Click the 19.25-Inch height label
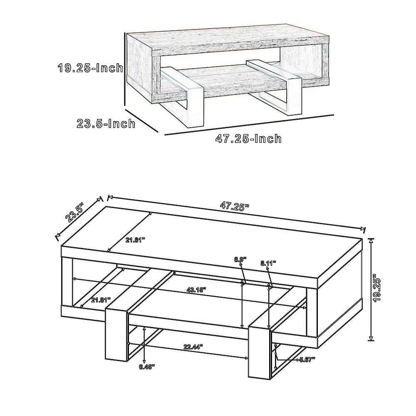coord(90,68)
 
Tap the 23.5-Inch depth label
coord(106,124)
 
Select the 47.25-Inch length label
coord(248,139)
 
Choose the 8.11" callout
coord(268,263)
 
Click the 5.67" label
coord(307,359)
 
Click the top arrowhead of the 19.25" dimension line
coord(371,240)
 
